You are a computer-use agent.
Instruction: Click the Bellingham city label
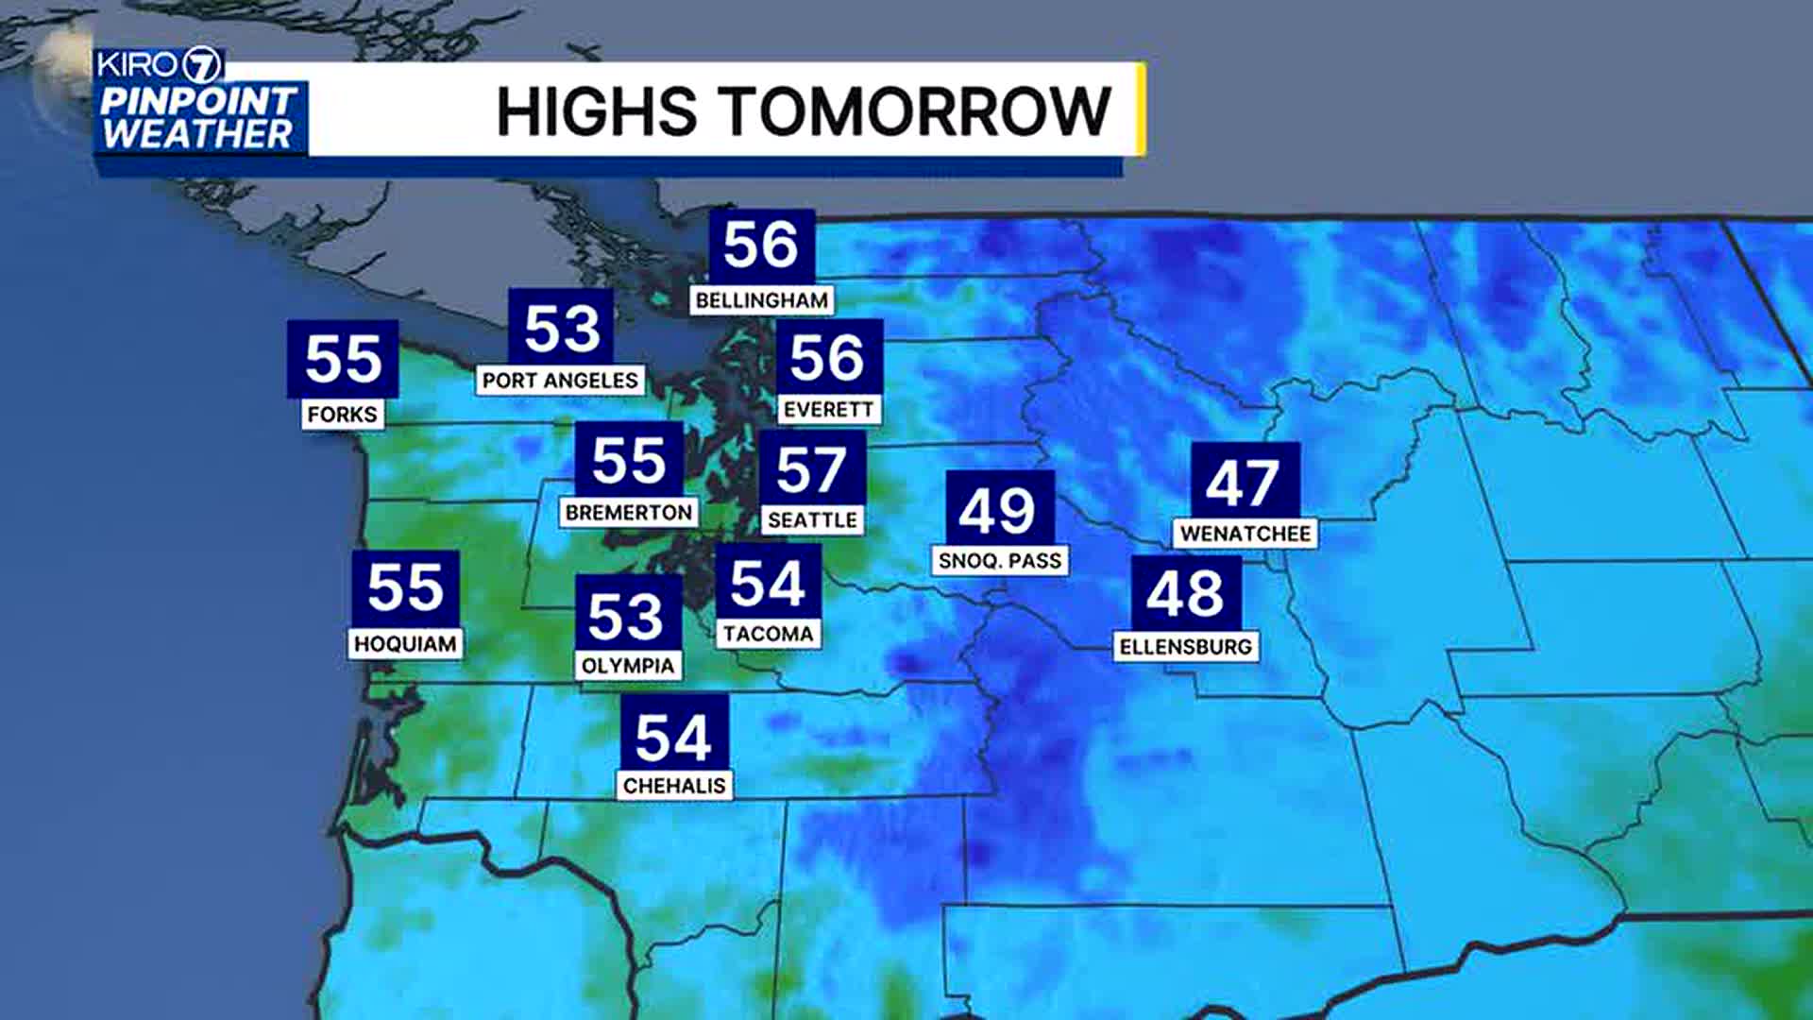(761, 300)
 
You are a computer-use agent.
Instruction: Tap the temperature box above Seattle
(812, 469)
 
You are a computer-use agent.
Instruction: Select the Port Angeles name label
(560, 381)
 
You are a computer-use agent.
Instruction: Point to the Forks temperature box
(343, 359)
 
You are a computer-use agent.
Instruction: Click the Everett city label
(828, 410)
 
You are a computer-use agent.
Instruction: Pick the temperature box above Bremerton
(629, 460)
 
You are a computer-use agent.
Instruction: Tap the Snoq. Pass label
(1000, 561)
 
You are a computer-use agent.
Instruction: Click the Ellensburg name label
(1186, 647)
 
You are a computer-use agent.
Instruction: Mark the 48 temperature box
(1186, 593)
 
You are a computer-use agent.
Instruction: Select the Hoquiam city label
(405, 644)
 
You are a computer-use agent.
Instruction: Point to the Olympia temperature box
(627, 615)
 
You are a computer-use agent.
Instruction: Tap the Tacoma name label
(768, 634)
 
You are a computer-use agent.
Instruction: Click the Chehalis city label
(674, 786)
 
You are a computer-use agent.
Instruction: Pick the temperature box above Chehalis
(673, 735)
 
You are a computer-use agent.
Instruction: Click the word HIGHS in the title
(597, 111)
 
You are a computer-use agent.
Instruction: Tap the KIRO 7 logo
(159, 65)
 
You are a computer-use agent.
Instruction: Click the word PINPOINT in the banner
(199, 100)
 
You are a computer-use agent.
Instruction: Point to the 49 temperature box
(999, 509)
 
